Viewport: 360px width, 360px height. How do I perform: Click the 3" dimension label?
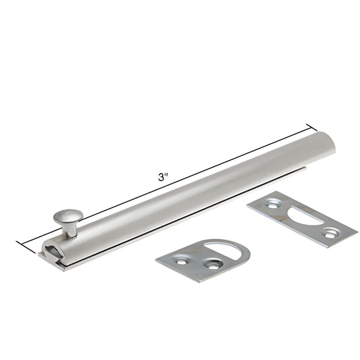(x=163, y=178)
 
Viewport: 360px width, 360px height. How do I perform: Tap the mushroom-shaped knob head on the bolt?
(x=69, y=215)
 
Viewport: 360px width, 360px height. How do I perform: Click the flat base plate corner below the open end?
(x=62, y=267)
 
